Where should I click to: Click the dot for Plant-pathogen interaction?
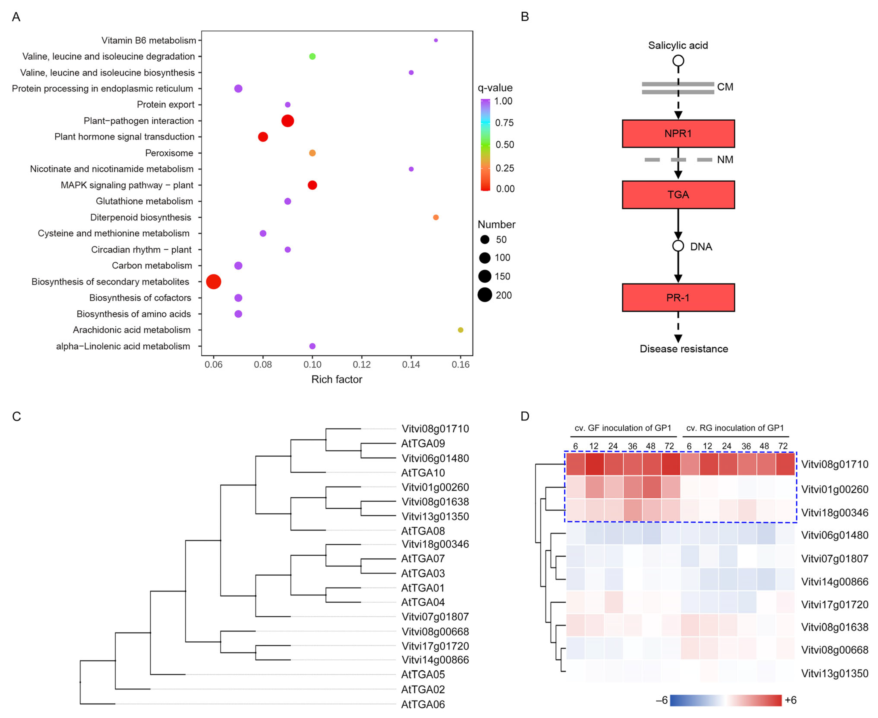pyautogui.click(x=287, y=121)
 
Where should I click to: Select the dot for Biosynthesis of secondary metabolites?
pyautogui.click(x=213, y=282)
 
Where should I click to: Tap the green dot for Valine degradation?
pyautogui.click(x=312, y=56)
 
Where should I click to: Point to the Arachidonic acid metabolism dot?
pyautogui.click(x=460, y=330)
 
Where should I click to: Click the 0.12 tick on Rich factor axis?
pyautogui.click(x=361, y=364)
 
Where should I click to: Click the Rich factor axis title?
pyautogui.click(x=337, y=379)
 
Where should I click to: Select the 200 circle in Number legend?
pyautogui.click(x=485, y=295)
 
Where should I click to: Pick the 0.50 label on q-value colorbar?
pyautogui.click(x=505, y=145)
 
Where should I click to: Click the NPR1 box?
pyautogui.click(x=678, y=134)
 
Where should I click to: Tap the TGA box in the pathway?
pyautogui.click(x=678, y=194)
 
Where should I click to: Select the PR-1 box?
pyautogui.click(x=678, y=297)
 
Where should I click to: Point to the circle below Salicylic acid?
pyautogui.click(x=678, y=61)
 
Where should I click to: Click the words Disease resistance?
pyautogui.click(x=684, y=349)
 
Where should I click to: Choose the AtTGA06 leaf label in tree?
pyautogui.click(x=423, y=704)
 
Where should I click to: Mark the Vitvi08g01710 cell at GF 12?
pyautogui.click(x=594, y=464)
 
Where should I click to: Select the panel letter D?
pyautogui.click(x=525, y=416)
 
